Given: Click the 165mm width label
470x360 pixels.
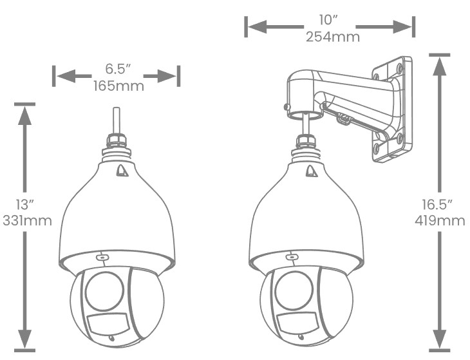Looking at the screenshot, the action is (x=118, y=86).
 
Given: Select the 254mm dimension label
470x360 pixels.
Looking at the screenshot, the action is (x=333, y=37).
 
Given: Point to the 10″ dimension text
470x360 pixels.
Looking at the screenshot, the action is (x=329, y=20).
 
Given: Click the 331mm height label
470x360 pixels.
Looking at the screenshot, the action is (x=27, y=221).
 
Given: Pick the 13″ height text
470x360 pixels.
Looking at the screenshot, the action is (x=25, y=204).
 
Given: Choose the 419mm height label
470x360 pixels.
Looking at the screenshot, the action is (x=440, y=221).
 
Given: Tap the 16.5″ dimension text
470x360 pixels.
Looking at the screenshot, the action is (x=437, y=204).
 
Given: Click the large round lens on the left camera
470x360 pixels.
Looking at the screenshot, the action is (x=104, y=291).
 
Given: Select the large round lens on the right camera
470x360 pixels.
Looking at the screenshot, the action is (x=294, y=290).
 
